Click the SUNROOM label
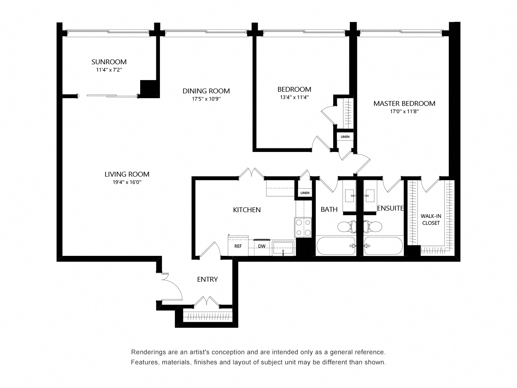tap(109, 62)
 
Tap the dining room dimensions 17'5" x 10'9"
tap(206, 99)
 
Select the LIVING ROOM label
tap(127, 174)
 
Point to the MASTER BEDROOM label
tap(404, 103)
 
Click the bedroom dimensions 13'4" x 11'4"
tap(294, 97)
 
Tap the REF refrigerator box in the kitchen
tap(237, 246)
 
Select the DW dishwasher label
tap(262, 246)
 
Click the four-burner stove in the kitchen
tap(303, 227)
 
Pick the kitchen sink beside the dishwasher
tap(284, 247)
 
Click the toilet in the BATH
tap(346, 227)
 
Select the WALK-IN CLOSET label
tap(431, 219)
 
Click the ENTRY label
tap(207, 279)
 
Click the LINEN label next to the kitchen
tap(305, 193)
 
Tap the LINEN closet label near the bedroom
tap(345, 137)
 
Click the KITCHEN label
tap(247, 210)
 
